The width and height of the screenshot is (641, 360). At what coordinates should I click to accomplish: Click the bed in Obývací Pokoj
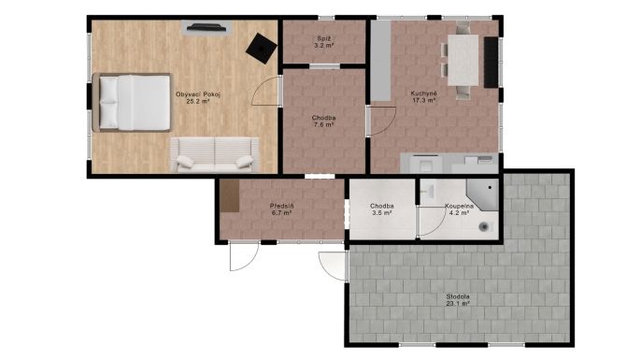(131, 103)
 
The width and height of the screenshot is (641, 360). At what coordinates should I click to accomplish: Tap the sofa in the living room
(215, 154)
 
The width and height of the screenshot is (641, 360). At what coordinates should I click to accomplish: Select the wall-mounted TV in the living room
(207, 28)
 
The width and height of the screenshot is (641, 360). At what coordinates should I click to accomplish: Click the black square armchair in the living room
(262, 49)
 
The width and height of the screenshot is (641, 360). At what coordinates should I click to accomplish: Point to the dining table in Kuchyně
(463, 60)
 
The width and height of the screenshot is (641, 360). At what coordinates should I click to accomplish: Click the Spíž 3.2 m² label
(324, 42)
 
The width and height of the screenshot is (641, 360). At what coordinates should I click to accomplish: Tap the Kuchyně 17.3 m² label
(423, 96)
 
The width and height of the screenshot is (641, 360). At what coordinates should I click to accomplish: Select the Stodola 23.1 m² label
(458, 300)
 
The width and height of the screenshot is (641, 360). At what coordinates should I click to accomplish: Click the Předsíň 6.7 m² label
(281, 209)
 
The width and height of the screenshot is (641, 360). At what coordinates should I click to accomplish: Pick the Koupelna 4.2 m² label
(459, 209)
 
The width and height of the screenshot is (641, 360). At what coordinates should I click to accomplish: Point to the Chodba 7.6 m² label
(323, 122)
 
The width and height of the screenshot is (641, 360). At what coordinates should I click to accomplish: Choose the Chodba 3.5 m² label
(382, 209)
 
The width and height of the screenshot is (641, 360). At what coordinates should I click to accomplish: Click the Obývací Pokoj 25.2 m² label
(198, 98)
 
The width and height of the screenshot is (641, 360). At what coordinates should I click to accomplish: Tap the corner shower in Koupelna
(484, 194)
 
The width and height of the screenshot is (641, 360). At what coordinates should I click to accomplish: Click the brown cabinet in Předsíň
(230, 195)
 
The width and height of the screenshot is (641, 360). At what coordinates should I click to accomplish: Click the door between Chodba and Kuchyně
(381, 121)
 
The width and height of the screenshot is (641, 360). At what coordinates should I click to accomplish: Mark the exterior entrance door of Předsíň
(244, 255)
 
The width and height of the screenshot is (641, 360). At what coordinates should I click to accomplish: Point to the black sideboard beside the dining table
(491, 62)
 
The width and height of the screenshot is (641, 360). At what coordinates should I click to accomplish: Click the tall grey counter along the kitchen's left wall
(380, 61)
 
